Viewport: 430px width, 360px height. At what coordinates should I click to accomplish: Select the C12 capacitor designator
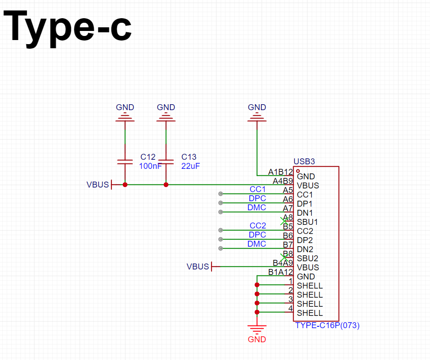click(x=148, y=157)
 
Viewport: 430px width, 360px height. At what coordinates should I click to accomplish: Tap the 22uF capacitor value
click(x=191, y=166)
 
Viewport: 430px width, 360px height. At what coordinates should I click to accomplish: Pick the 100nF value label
click(x=150, y=166)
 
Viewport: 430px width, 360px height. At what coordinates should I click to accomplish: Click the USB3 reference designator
click(x=304, y=162)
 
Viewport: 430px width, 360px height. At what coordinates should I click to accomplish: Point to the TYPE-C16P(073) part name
click(x=327, y=325)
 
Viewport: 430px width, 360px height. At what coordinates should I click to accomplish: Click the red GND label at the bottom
click(x=257, y=340)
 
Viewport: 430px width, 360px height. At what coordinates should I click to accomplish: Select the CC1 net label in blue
click(x=258, y=189)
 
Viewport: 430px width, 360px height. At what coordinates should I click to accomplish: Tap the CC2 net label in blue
click(x=258, y=226)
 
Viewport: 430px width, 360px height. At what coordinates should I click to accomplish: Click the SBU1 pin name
click(x=307, y=222)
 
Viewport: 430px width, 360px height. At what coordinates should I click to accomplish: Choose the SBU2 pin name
click(x=308, y=259)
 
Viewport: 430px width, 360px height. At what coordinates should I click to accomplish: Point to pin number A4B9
click(x=283, y=181)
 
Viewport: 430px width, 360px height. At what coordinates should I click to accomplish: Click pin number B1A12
click(x=281, y=272)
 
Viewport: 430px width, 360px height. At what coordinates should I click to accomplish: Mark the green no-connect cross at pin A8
click(x=284, y=221)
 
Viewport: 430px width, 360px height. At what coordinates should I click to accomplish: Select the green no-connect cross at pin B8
click(x=284, y=258)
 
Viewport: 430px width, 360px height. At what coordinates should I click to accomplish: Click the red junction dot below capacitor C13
click(x=166, y=185)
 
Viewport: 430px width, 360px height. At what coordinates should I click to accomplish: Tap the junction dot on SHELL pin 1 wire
click(x=257, y=285)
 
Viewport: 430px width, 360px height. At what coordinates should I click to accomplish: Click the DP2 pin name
click(x=305, y=240)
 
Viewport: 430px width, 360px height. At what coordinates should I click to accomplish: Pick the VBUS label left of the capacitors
click(x=98, y=185)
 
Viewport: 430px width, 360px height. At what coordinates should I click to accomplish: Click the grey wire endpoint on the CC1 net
click(x=221, y=194)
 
